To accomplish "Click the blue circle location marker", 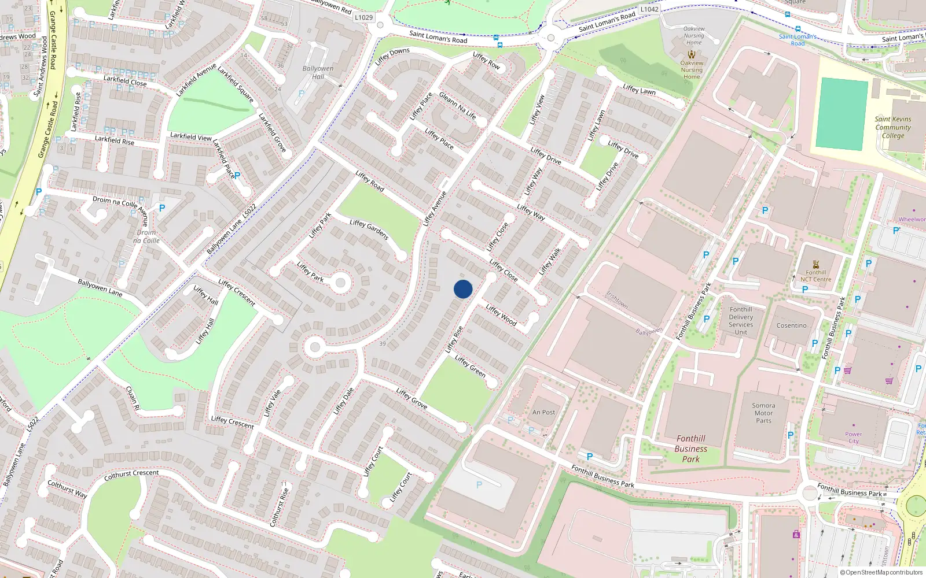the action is click(463, 289).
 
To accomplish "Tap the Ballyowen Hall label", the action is click(318, 72).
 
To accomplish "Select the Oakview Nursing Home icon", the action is click(692, 54).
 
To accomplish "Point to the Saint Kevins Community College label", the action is click(893, 127).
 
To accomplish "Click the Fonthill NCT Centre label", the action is click(815, 276).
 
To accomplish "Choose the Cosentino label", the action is click(791, 325).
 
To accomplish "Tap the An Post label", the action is click(543, 412).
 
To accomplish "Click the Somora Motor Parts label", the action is click(763, 413).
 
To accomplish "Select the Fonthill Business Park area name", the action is click(690, 449).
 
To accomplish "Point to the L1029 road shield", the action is click(363, 17).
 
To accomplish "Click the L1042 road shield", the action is click(649, 9).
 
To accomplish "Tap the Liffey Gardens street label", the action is click(369, 229).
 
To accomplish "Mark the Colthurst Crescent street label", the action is click(131, 475).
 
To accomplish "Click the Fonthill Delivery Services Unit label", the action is click(741, 321).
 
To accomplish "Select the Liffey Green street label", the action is click(470, 366).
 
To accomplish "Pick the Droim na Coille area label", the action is click(146, 236).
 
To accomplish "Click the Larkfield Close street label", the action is click(125, 80).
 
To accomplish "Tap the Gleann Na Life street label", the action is click(457, 106).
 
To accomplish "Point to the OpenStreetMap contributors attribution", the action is click(881, 572).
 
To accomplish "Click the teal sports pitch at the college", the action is click(842, 114).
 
